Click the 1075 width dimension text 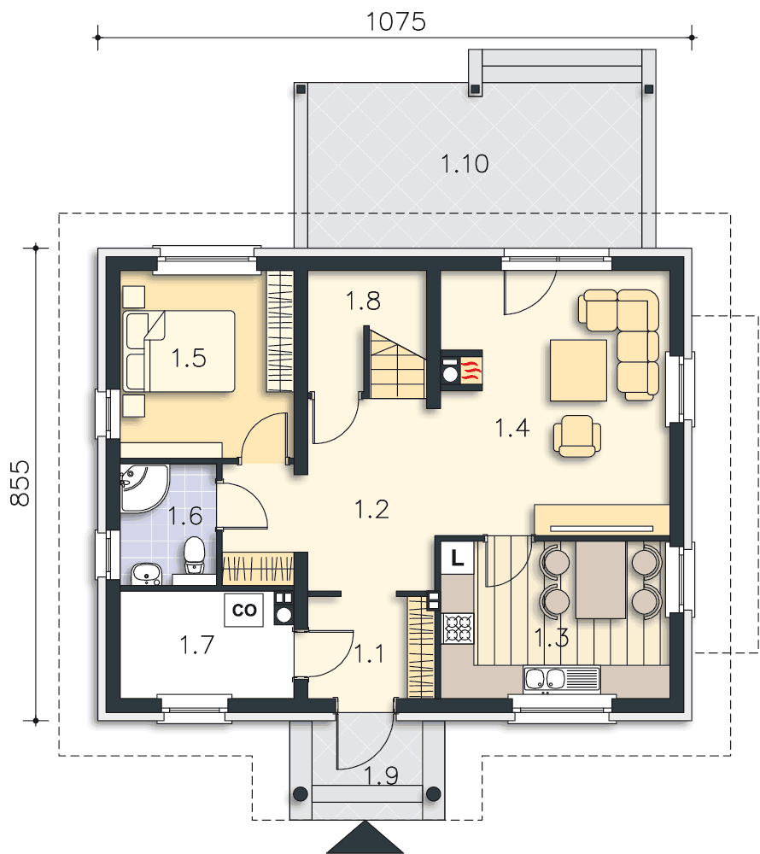pos(395,22)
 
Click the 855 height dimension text pos(20,483)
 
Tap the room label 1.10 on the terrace pos(465,163)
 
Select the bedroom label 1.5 pos(189,358)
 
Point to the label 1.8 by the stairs pos(363,301)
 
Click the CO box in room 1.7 pos(244,610)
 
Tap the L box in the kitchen pos(458,558)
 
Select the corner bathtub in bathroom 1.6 pos(144,488)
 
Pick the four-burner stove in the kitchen pos(459,628)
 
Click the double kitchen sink pos(561,679)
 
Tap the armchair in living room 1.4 pos(577,436)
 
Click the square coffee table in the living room pos(578,371)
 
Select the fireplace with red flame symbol pos(462,370)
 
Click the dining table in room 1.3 pos(600,580)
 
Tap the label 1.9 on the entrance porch pos(381,775)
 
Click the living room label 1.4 pos(512,428)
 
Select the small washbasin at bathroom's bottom pos(146,574)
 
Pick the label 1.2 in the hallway pos(371,509)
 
